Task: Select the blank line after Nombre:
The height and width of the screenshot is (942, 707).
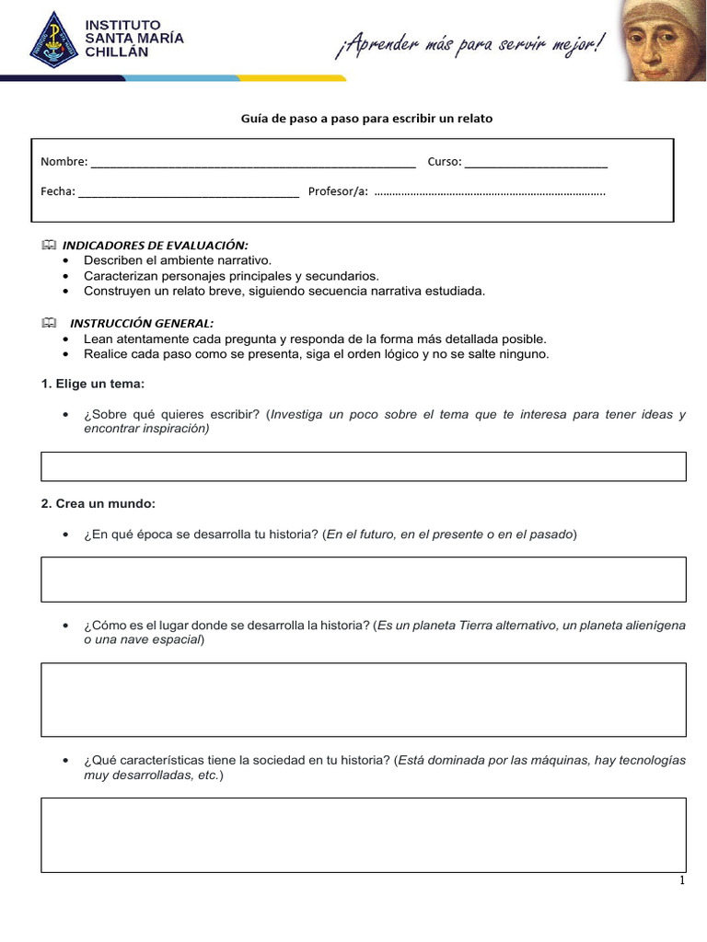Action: pyautogui.click(x=253, y=164)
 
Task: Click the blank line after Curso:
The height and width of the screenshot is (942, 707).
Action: pyautogui.click(x=536, y=164)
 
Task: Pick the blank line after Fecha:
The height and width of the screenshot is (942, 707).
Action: pyautogui.click(x=189, y=193)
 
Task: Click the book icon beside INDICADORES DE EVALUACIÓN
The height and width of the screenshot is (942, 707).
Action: pyautogui.click(x=49, y=245)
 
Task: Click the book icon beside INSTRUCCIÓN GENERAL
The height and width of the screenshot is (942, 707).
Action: pyautogui.click(x=49, y=323)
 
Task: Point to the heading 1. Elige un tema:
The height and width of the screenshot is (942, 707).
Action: pyautogui.click(x=93, y=383)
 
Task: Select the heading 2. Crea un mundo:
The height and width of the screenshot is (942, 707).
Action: pyautogui.click(x=99, y=504)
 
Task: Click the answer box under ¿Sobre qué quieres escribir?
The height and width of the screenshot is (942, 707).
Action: pyautogui.click(x=364, y=466)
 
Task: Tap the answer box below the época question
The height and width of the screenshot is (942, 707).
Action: pyautogui.click(x=364, y=579)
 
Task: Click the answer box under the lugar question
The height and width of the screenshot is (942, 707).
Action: pyautogui.click(x=364, y=699)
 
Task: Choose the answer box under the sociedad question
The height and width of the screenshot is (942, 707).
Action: pyautogui.click(x=364, y=834)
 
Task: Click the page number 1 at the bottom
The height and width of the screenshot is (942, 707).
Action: pyautogui.click(x=682, y=880)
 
